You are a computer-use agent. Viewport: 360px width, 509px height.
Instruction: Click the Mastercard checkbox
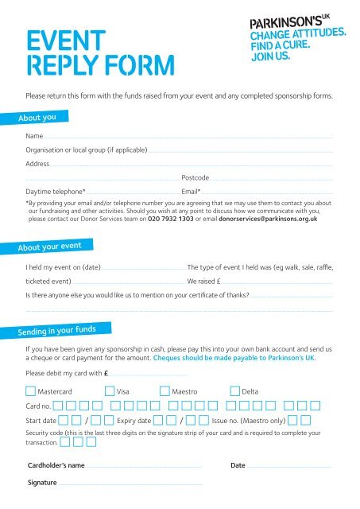click(x=31, y=390)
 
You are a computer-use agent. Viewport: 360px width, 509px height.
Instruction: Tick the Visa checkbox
click(x=110, y=390)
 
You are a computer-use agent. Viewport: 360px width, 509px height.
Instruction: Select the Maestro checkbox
click(x=165, y=390)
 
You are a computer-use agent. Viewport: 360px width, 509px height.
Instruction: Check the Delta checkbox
click(x=235, y=390)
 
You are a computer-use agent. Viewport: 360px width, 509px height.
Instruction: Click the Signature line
click(x=131, y=484)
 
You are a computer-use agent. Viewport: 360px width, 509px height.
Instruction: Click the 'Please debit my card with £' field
click(x=148, y=373)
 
